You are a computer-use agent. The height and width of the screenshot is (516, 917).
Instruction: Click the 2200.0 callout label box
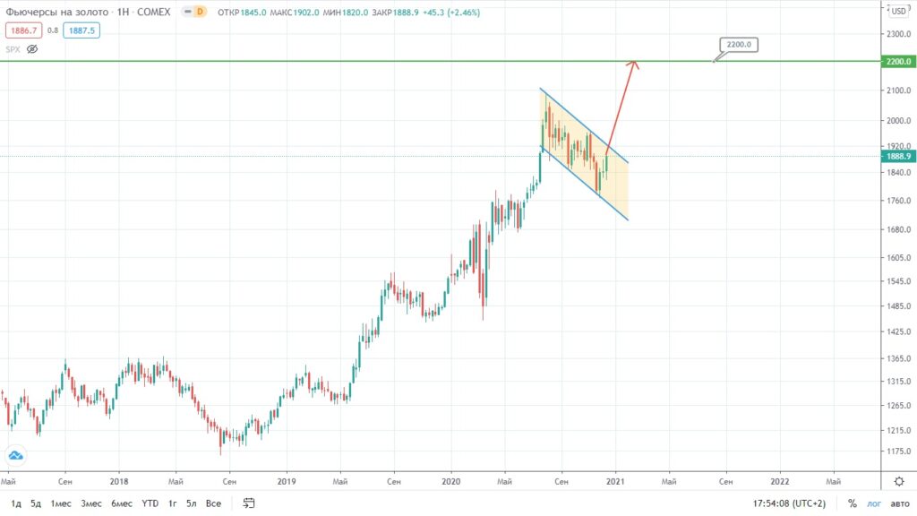pos(739,44)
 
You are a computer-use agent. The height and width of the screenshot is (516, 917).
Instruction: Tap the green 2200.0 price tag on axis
pos(896,62)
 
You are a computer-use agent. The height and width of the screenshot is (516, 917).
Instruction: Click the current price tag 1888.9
pos(896,156)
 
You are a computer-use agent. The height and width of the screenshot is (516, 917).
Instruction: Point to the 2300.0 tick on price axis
pos(896,34)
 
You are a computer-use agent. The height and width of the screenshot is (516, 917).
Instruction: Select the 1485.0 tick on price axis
pos(896,306)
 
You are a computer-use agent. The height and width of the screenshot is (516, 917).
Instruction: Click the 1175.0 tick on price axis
pos(896,451)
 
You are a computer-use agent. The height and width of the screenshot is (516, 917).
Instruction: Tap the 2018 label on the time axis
pos(119,481)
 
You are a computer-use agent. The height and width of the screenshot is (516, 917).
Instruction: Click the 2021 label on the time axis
pos(614,481)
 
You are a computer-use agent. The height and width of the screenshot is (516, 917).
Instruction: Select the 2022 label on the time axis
pos(779,481)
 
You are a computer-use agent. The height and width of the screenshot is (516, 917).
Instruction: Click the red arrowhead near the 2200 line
pos(633,63)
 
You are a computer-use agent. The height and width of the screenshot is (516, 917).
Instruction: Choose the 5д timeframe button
pos(35,503)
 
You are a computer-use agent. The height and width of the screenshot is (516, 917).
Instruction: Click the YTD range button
pos(150,503)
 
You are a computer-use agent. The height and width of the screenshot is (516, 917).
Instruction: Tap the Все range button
pos(213,503)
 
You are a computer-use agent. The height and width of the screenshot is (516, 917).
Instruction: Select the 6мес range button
pos(122,503)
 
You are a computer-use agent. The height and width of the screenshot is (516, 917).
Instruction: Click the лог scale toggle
pos(874,503)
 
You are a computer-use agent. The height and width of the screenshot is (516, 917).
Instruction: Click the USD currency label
pos(896,11)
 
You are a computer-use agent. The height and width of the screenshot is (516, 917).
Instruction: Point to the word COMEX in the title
pos(155,11)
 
